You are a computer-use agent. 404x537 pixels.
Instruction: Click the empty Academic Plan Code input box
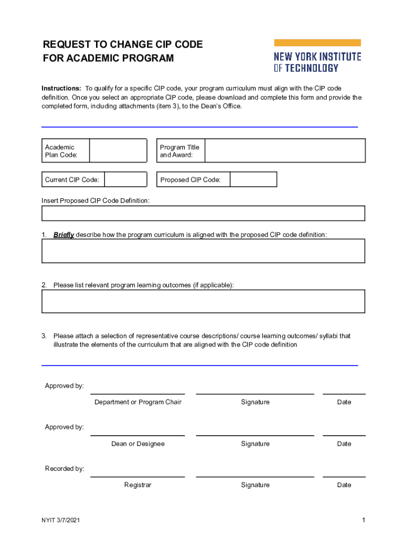[118, 151]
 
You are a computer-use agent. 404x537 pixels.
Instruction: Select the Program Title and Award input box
[284, 151]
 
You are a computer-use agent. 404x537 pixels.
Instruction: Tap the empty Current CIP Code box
[125, 180]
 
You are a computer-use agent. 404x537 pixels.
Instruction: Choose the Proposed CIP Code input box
[253, 180]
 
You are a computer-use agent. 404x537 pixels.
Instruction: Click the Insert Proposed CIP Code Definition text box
[203, 213]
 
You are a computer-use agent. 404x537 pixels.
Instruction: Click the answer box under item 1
[203, 251]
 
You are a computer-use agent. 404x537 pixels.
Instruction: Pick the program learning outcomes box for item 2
[203, 301]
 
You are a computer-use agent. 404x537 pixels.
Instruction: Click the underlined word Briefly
[63, 235]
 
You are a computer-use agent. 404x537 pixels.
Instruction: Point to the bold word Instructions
[61, 88]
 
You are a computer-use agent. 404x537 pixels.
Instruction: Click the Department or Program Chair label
[137, 402]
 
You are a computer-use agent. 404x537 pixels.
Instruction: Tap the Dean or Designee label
[137, 444]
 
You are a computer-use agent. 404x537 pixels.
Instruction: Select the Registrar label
[137, 485]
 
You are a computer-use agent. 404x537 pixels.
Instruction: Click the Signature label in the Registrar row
[255, 485]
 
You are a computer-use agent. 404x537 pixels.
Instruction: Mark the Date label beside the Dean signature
[344, 444]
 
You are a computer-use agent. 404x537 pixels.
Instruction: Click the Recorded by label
[65, 469]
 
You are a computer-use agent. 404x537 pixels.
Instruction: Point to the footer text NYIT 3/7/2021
[61, 520]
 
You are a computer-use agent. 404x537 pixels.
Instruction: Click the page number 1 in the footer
[363, 520]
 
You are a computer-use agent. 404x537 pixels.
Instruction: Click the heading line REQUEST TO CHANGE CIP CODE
[123, 45]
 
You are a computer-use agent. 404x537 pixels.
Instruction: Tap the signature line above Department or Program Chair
[137, 393]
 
